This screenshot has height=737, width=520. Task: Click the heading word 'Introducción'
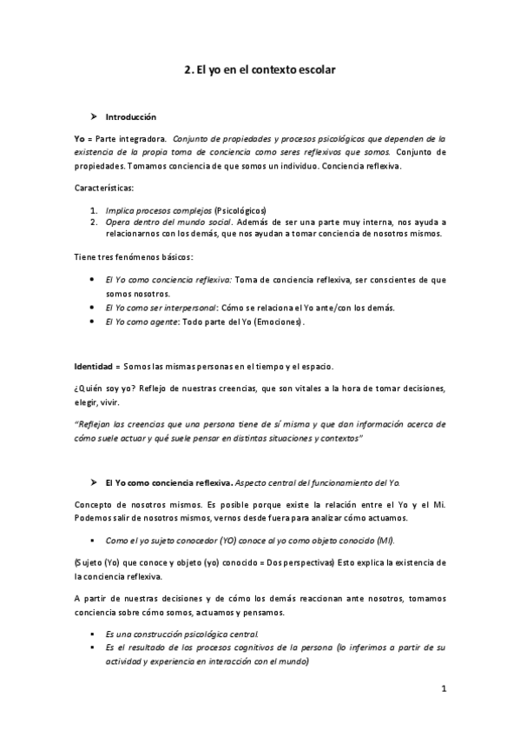point(130,116)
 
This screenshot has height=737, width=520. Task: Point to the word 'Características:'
point(102,187)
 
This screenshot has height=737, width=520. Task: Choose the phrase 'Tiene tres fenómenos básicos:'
point(133,257)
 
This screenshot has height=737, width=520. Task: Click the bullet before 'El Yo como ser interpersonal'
point(93,308)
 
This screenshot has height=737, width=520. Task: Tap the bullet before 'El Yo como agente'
point(93,322)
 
